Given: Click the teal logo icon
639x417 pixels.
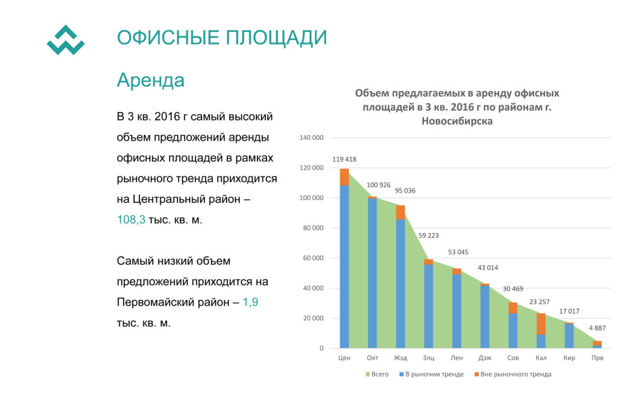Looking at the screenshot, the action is tap(66, 40).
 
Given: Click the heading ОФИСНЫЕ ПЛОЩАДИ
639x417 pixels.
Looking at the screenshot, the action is tap(222, 37).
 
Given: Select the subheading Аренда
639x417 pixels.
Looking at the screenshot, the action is tap(150, 80).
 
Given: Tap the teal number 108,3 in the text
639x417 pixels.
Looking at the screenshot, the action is tap(131, 220).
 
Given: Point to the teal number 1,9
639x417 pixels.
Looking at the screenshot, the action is tap(250, 302).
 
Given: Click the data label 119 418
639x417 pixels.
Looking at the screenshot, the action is tap(344, 160).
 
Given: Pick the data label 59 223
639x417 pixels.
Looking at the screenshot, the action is tap(429, 235).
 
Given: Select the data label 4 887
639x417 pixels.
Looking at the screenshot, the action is tap(597, 328).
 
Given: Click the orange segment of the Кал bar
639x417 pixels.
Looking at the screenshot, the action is tap(541, 324).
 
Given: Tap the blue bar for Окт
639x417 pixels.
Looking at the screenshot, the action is tap(373, 273).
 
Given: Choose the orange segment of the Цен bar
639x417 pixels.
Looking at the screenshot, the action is tap(344, 177).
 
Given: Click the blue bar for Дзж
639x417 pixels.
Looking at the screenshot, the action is tap(485, 317).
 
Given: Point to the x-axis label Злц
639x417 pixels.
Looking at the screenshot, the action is tap(429, 358).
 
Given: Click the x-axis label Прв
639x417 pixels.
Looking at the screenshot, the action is tap(597, 358).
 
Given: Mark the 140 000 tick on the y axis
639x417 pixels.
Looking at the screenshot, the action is tap(311, 138).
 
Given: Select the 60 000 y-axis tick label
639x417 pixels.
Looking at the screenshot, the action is tap(313, 257).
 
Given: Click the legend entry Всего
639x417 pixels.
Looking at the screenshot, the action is tap(377, 374).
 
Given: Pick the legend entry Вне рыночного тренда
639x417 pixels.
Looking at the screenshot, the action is tap(513, 374).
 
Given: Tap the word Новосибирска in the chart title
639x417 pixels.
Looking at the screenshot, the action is tap(457, 121).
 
